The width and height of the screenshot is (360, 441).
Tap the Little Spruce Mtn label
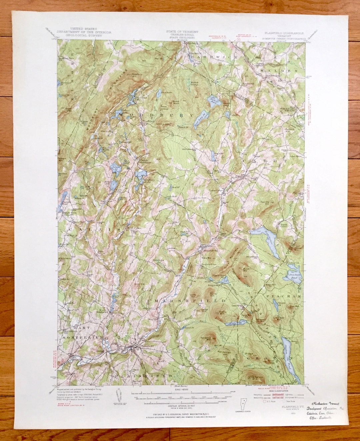pos(256,377)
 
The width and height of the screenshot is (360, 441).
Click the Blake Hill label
pos(270,285)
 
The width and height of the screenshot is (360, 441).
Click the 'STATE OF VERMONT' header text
pos(182,32)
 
